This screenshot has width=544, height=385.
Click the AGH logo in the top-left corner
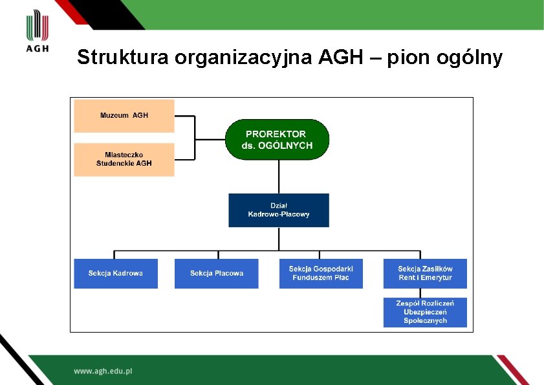pyautogui.click(x=38, y=32)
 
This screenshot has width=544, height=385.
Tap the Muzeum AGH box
pyautogui.click(x=124, y=115)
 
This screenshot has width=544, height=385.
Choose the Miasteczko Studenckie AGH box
pyautogui.click(x=124, y=159)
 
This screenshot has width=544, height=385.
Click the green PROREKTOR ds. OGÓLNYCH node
pyautogui.click(x=277, y=139)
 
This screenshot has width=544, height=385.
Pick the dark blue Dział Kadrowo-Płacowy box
pyautogui.click(x=279, y=210)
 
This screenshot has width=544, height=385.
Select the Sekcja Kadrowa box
pyautogui.click(x=116, y=273)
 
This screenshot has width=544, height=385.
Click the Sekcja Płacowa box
pyautogui.click(x=217, y=273)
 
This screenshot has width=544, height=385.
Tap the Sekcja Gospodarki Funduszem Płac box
pyautogui.click(x=321, y=273)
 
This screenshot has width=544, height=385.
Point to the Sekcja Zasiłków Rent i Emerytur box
pyautogui.click(x=425, y=273)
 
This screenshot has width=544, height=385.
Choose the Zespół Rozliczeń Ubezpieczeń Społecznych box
pyautogui.click(x=425, y=312)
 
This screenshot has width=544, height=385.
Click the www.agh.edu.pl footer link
pyautogui.click(x=103, y=371)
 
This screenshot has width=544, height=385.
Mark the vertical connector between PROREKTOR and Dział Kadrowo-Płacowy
pyautogui.click(x=279, y=176)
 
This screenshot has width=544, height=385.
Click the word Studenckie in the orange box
pyautogui.click(x=114, y=163)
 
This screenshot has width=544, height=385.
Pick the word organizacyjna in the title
pyautogui.click(x=243, y=58)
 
